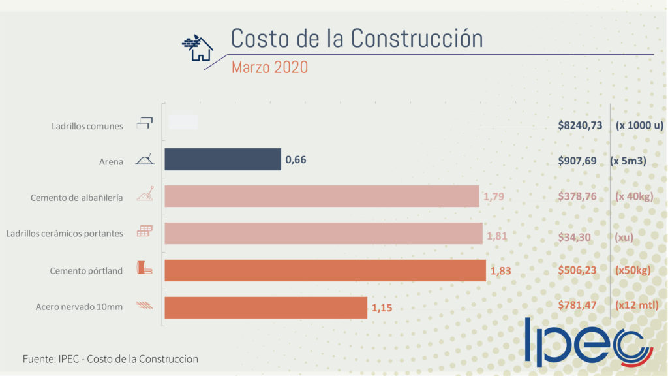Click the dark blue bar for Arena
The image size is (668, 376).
[222, 159]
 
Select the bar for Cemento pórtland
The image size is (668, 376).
[325, 270]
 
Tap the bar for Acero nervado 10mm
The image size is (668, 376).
[266, 307]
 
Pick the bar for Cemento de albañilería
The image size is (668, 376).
[322, 196]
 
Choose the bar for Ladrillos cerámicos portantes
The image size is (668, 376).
[324, 233]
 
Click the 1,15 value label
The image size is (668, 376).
[382, 307]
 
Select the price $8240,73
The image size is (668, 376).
[580, 125]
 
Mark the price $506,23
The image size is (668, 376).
[577, 270]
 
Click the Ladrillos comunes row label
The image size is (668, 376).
[87, 126]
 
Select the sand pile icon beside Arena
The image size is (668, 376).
[144, 160]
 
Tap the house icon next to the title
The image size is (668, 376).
[198, 48]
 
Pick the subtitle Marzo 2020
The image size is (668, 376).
[269, 67]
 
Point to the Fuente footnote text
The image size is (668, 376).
[110, 359]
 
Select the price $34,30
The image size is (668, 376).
[575, 236]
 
